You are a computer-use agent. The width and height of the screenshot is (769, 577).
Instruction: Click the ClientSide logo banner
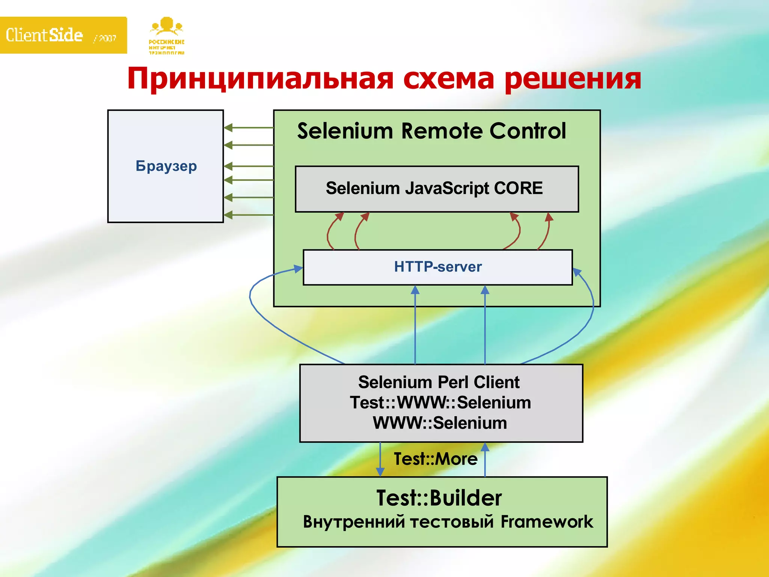(x=63, y=35)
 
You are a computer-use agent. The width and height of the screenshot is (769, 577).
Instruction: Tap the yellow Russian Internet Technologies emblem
(x=167, y=36)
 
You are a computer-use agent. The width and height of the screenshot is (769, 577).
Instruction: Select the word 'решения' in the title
(x=573, y=79)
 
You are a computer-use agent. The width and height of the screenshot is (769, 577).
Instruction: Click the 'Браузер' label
(x=166, y=166)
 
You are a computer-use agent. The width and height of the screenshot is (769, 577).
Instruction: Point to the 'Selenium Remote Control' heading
(x=431, y=131)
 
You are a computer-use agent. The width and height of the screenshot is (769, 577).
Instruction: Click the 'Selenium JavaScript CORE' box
(x=437, y=189)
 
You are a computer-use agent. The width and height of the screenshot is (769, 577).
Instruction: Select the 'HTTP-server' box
(x=437, y=267)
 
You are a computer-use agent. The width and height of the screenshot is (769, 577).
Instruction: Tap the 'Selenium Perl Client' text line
(x=439, y=382)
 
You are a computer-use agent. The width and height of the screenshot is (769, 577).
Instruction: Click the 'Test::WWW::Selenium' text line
(x=440, y=403)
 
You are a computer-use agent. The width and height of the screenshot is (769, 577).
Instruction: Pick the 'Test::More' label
(x=435, y=459)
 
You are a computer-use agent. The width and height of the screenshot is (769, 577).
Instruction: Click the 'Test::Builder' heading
(x=439, y=498)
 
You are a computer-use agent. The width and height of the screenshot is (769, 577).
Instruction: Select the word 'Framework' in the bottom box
(x=547, y=522)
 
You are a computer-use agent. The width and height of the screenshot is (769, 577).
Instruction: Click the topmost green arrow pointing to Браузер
(x=248, y=128)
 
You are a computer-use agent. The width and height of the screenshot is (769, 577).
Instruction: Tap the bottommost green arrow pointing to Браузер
(x=248, y=215)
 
